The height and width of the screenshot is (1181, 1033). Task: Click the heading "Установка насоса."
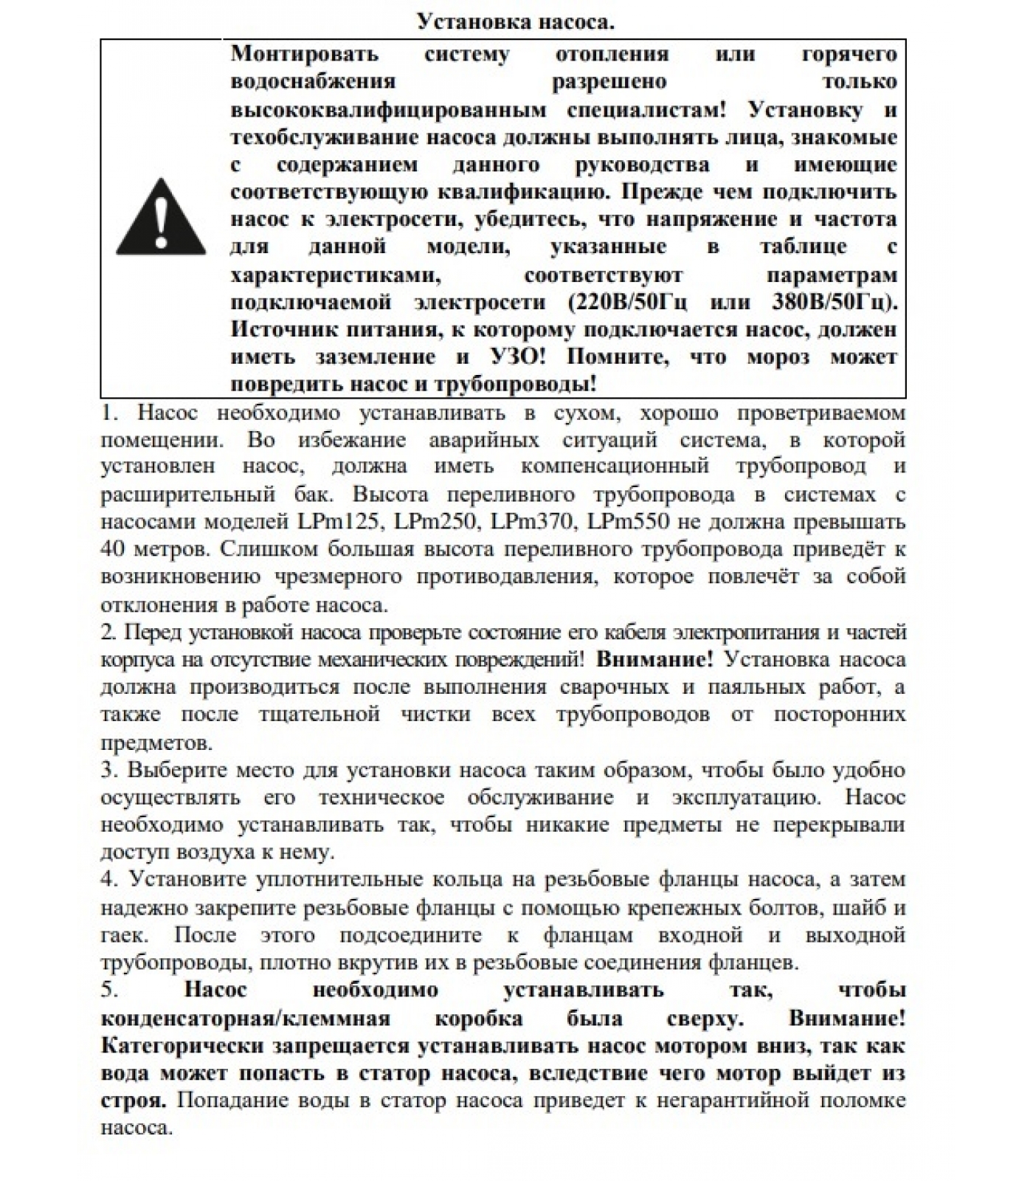516,21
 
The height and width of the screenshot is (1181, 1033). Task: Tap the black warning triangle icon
161,217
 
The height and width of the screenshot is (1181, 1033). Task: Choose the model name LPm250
435,522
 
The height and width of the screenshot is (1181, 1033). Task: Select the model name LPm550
628,522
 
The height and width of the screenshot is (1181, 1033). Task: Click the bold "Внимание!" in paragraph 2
654,659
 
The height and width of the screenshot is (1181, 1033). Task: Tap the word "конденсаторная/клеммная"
245,1019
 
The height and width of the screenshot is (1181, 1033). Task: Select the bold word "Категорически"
182,1046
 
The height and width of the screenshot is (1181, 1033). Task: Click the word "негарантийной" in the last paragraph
721,1101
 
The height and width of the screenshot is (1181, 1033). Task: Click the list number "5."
109,991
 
